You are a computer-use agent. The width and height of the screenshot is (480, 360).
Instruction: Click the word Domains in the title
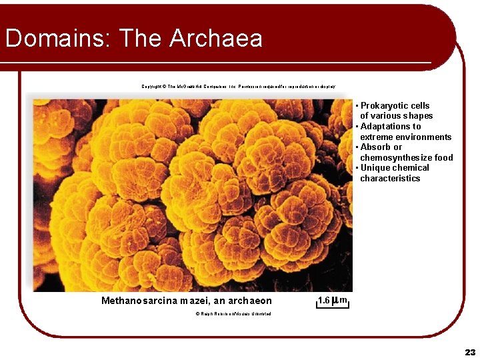56,38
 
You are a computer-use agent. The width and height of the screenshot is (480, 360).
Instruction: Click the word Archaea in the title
215,38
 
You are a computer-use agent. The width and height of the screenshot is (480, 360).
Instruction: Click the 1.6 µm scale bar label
332,301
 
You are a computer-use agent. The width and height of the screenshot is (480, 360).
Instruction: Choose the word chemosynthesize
396,157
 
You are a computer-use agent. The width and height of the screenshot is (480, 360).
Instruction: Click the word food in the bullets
443,157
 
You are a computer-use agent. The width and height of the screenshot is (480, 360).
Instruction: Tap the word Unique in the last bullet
375,168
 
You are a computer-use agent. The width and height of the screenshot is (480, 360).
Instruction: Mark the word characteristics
390,179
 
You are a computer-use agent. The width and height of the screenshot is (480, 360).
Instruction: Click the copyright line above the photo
238,86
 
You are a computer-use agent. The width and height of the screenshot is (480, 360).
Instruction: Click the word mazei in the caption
194,301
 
